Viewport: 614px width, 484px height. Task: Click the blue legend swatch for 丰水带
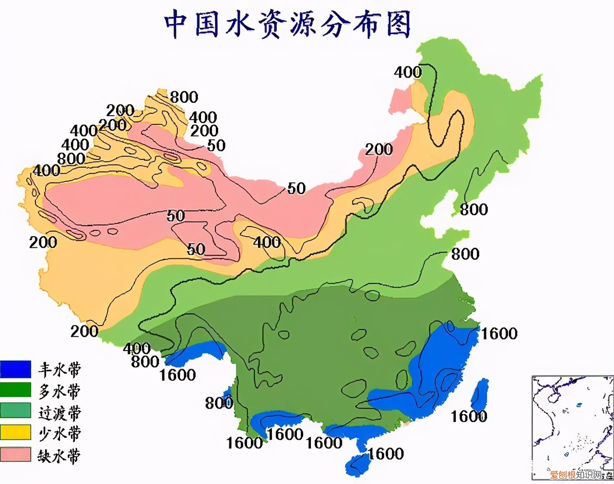coord(16,369)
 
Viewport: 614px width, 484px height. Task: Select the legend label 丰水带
coord(59,369)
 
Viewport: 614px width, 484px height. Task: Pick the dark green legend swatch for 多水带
coord(16,390)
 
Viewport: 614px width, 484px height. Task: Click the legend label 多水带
coord(59,391)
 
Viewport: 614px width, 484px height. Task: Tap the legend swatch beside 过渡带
coord(16,411)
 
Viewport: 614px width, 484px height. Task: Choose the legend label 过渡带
coord(59,412)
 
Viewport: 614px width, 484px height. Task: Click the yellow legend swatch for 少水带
coord(16,433)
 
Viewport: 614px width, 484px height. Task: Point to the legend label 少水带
coord(59,433)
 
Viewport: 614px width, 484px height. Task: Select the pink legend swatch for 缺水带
coord(16,454)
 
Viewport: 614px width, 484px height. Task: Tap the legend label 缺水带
coord(59,455)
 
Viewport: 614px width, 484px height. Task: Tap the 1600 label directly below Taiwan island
coord(469,416)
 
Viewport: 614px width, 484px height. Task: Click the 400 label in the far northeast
coord(408,73)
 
